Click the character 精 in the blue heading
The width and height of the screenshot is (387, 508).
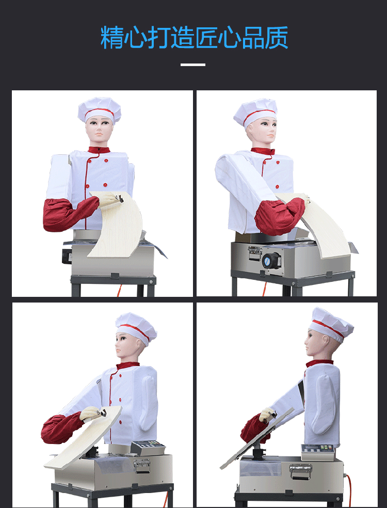pos(112,37)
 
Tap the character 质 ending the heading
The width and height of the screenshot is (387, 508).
pos(276,37)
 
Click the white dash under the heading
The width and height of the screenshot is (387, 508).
pos(193,65)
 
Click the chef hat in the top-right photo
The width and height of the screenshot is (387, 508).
pos(255,112)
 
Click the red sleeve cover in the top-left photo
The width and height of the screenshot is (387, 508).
pos(69,213)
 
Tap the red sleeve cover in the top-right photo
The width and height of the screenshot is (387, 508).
pos(279,215)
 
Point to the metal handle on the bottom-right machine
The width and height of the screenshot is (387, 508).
pos(300,470)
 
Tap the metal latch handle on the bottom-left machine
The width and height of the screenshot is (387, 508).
pos(142,466)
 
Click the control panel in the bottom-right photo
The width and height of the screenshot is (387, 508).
pos(317,451)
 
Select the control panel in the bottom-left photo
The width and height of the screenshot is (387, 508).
pos(148,448)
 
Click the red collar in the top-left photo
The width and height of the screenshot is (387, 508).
pos(99,150)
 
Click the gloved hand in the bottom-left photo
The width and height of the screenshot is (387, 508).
pos(91,414)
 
